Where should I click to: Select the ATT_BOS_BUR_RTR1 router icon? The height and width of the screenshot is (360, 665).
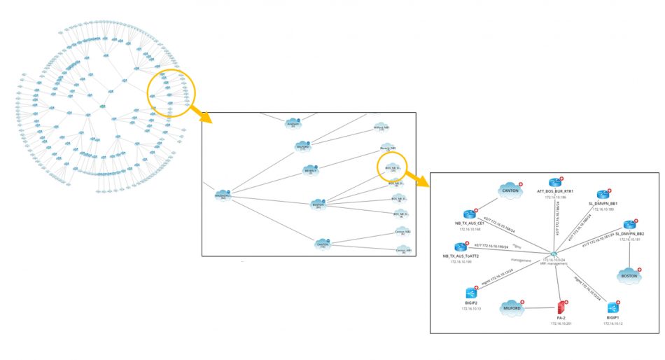point(555,184)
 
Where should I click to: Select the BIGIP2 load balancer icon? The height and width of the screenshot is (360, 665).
point(471,293)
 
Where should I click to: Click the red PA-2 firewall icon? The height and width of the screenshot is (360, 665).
point(560,307)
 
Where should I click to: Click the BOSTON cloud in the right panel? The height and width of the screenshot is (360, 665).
point(629,275)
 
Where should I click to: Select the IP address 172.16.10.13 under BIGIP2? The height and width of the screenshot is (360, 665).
point(471,308)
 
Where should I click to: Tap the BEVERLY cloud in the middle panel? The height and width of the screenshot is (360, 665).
point(311,169)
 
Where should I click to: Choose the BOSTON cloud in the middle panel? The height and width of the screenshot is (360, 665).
point(318,204)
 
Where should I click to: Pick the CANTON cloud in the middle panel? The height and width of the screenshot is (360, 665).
point(322,243)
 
